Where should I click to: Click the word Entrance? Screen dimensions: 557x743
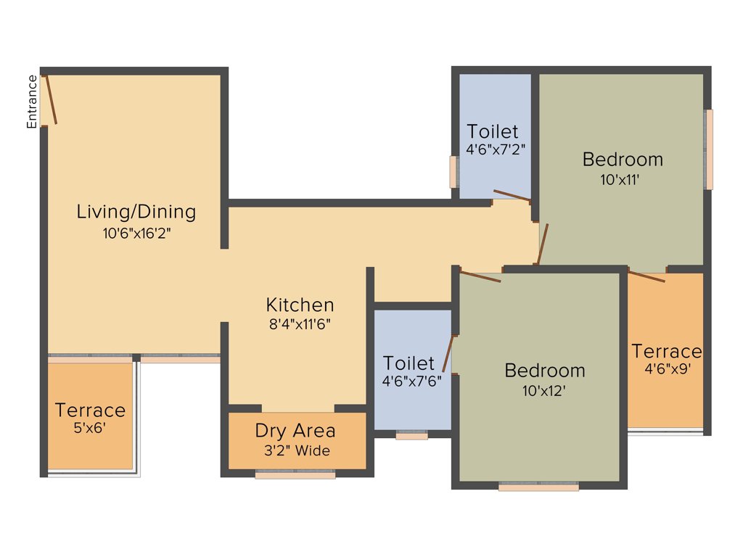[32, 102]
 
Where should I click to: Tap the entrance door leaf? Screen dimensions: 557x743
[51, 99]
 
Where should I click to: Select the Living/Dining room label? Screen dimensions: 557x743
[136, 212]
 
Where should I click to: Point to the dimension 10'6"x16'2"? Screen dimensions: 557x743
[136, 234]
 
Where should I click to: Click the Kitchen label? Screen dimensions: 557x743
[300, 305]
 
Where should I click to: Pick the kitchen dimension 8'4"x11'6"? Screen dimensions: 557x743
[300, 324]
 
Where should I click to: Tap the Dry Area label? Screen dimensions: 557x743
[295, 431]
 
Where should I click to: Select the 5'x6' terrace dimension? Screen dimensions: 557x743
[90, 428]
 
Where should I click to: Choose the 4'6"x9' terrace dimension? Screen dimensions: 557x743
[666, 368]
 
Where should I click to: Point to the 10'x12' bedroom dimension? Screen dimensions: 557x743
[545, 390]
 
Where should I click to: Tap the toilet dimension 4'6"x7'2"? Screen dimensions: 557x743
[496, 151]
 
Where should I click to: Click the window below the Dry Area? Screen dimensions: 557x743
[295, 476]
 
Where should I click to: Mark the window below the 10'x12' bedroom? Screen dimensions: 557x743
[538, 487]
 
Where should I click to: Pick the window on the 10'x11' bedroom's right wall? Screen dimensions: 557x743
[709, 149]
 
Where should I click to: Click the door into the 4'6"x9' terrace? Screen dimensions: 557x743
[646, 276]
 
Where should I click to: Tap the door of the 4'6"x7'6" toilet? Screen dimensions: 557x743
[448, 353]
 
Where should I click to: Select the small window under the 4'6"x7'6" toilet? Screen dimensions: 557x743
[411, 437]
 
